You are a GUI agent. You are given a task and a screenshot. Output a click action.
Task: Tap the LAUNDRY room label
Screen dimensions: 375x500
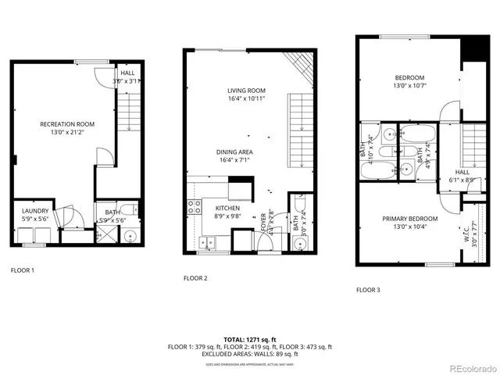[x=35, y=211]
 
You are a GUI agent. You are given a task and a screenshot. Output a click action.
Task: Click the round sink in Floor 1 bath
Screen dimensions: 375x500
[x=130, y=237]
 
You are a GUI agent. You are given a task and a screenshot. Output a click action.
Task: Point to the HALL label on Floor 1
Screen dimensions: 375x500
[x=127, y=73]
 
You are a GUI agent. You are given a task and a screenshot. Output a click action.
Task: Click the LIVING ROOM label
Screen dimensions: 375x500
[x=246, y=91]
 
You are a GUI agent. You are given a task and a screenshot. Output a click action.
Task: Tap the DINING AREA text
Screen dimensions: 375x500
[x=234, y=152]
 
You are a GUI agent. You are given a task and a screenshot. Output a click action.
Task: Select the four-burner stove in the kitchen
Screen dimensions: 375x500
[x=193, y=209]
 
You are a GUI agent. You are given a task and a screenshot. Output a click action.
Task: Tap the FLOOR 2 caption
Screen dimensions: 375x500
[x=195, y=278]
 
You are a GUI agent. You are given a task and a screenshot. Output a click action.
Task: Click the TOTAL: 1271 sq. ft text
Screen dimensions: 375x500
[x=249, y=339]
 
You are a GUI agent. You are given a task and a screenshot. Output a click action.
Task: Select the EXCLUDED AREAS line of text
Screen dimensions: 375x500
[x=249, y=354]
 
